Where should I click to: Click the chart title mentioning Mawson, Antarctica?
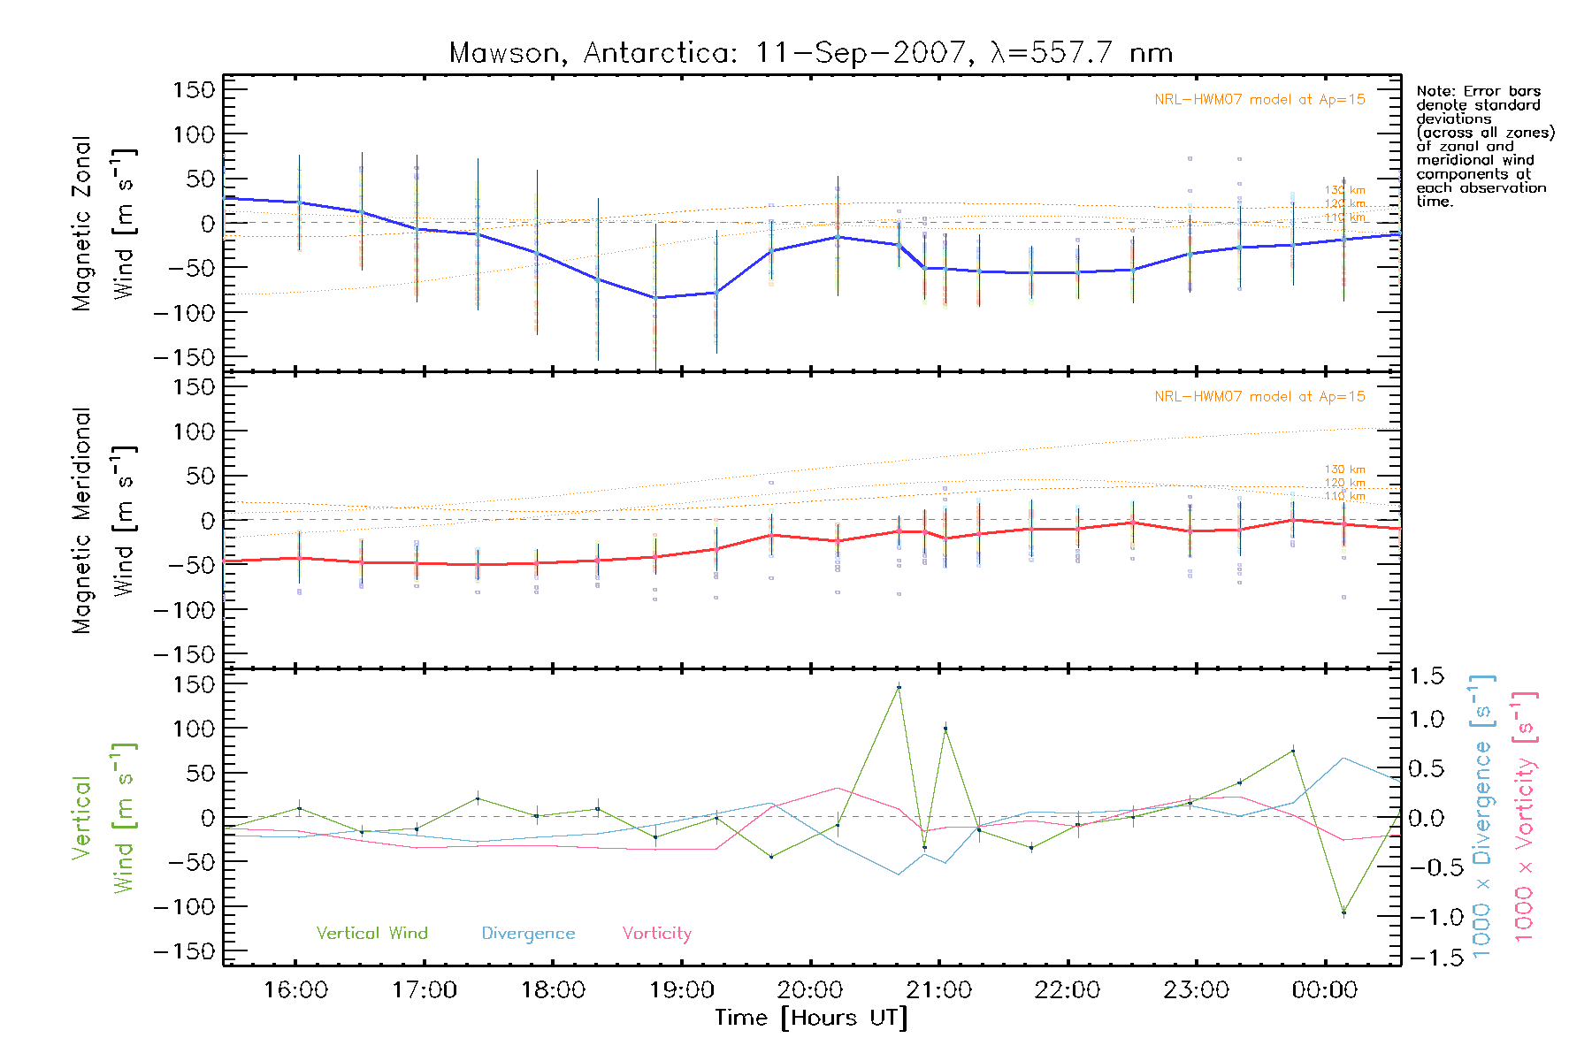pos(810,53)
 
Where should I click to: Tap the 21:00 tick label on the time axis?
pos(938,990)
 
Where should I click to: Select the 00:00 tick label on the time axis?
pos(1324,990)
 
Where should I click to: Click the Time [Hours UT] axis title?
pos(810,1018)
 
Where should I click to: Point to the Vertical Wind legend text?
pos(371,933)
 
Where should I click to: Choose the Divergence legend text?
pos(528,934)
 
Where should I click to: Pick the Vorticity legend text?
pos(656,933)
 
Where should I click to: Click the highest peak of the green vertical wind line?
pos(899,687)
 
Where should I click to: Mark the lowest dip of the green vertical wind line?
pos(1343,912)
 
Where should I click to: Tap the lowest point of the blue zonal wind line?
pos(655,298)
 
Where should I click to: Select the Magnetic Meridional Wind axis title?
pos(103,520)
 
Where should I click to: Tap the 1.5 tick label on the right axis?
pos(1426,676)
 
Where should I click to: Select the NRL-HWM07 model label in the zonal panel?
pos(1259,100)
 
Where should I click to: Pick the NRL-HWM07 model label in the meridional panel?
pos(1259,397)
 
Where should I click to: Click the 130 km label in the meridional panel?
pos(1344,469)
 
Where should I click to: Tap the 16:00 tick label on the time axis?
pos(295,990)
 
